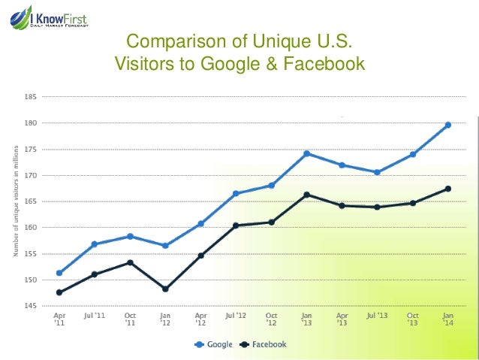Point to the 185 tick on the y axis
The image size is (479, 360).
31,97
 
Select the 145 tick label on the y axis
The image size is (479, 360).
31,306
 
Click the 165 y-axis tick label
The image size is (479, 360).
31,201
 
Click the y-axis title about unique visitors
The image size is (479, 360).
14,201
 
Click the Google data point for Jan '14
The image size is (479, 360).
448,125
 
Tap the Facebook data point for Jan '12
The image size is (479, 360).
164,289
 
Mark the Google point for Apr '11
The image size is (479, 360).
59,273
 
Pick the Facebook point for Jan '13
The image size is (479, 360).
306,195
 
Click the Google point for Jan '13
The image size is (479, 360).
306,153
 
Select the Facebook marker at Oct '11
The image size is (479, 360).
129,262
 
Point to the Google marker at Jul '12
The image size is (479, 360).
236,193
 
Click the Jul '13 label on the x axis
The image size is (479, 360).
378,316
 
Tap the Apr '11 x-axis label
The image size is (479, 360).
59,319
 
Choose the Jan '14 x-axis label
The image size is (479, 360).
448,319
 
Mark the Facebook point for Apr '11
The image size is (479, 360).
59,292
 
